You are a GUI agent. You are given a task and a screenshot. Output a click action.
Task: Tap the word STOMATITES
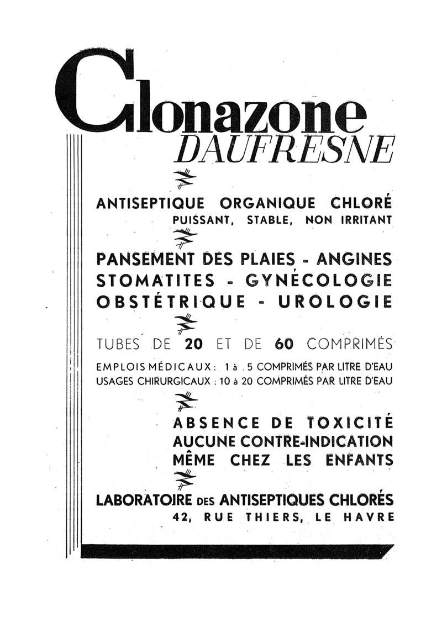click(156, 280)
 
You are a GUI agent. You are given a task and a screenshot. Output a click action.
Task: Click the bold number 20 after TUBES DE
click(194, 344)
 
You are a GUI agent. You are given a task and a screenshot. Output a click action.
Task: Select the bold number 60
click(283, 344)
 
